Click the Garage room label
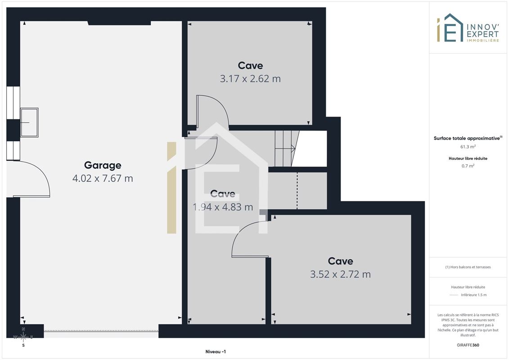pos(103,165)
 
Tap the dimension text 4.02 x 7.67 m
pos(103,178)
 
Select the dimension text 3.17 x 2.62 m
pos(250,79)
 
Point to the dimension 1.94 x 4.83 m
pos(223,207)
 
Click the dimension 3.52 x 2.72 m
pos(340,274)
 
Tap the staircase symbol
pos(287,148)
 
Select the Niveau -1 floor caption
pos(216,351)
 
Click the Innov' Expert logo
pos(468,28)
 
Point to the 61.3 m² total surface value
pos(468,147)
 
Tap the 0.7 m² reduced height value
pos(468,166)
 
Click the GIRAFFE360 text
pos(468,345)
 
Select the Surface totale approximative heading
pos(468,138)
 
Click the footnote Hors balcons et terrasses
pos(468,267)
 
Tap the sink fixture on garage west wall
pos(29,122)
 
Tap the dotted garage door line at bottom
pos(101,331)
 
